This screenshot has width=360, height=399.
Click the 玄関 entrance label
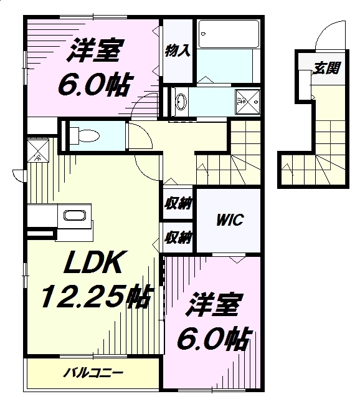click(326, 68)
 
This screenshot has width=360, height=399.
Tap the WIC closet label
click(230, 219)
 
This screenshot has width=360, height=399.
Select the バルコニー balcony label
click(93, 373)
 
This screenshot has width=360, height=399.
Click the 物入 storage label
click(178, 50)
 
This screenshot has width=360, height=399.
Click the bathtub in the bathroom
click(229, 34)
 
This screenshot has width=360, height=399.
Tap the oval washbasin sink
click(181, 102)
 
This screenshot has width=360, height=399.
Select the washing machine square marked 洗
click(248, 102)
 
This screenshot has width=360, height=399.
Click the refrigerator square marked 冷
click(38, 150)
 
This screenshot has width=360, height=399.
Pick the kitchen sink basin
click(75, 215)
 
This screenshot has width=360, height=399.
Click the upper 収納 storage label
click(178, 204)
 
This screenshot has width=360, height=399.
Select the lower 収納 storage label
click(178, 238)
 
